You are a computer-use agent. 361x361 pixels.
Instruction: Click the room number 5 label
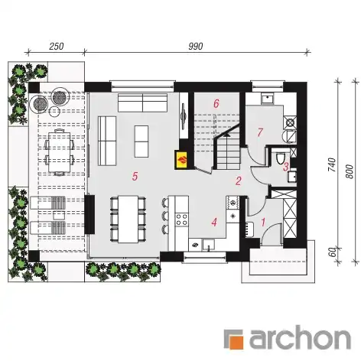tap(135, 176)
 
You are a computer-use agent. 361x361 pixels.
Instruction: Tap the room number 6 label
tap(216, 104)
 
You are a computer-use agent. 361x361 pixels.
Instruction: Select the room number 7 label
tap(260, 132)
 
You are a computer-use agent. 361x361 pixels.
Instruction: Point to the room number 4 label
tap(214, 222)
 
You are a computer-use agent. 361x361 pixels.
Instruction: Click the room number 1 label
tap(263, 222)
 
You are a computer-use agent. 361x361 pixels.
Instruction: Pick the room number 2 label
tap(239, 181)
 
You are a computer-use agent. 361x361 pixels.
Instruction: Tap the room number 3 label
tap(286, 167)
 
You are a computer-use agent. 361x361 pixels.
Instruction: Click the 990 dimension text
tap(196, 46)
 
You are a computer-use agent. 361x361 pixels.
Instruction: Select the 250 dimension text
tap(56, 46)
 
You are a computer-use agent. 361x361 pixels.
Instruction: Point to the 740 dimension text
tap(332, 164)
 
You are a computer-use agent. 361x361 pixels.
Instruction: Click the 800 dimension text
tap(350, 171)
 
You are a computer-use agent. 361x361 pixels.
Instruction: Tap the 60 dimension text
tap(332, 252)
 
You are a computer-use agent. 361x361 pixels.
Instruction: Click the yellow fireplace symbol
tap(181, 160)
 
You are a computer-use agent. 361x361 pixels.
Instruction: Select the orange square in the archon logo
tap(235, 340)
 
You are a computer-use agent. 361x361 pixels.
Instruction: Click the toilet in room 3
tap(280, 158)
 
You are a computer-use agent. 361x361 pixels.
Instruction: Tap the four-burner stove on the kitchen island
tap(182, 220)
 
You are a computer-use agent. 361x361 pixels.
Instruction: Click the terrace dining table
tap(59, 151)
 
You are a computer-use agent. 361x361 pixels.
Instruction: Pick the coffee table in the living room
tap(141, 141)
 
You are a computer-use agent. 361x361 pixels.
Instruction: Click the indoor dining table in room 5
tap(128, 219)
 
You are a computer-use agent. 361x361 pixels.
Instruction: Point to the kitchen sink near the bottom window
tap(209, 245)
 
